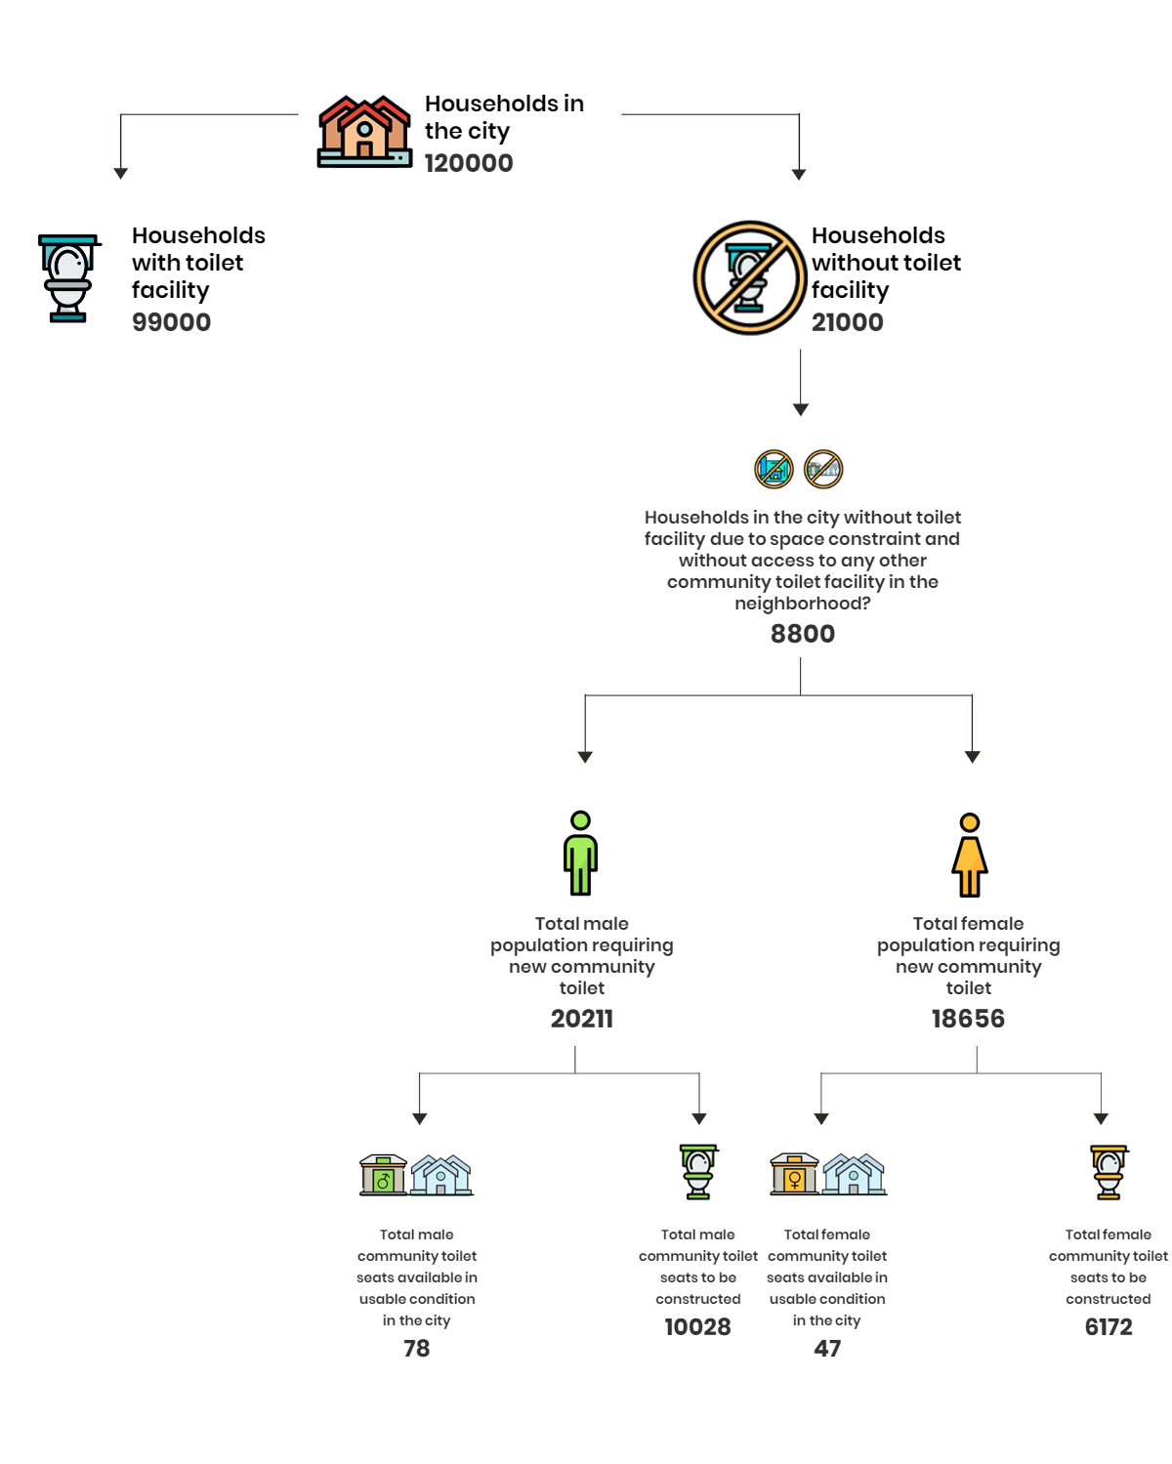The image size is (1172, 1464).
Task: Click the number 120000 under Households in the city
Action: tap(469, 163)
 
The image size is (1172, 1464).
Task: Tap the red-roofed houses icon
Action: tap(364, 132)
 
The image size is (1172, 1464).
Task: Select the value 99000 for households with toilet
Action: tap(172, 322)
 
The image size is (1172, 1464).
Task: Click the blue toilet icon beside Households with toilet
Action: tap(68, 278)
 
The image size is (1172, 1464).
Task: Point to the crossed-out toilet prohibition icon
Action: tap(748, 277)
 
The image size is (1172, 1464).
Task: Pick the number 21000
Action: tap(847, 322)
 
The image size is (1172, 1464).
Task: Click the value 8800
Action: tap(802, 633)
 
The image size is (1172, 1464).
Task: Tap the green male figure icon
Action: tap(580, 853)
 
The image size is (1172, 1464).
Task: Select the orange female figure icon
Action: tap(969, 855)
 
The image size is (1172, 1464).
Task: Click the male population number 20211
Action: tap(581, 1019)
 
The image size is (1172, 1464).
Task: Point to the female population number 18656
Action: tap(968, 1019)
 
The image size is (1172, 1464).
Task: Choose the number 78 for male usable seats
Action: tap(416, 1349)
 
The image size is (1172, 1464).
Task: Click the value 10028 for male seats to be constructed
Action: tap(697, 1326)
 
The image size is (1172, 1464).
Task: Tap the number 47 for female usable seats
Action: tap(827, 1349)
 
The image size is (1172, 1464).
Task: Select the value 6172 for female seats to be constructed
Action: tap(1109, 1326)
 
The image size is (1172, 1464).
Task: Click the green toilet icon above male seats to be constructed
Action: tap(698, 1171)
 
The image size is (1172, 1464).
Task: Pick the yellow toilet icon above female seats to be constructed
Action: tap(1109, 1172)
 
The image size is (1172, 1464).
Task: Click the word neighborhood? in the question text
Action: tap(802, 604)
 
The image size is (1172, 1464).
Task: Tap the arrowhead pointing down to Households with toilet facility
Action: tap(120, 174)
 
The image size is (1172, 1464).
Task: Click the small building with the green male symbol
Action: tap(383, 1175)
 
